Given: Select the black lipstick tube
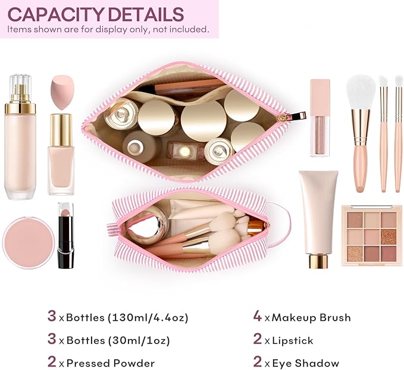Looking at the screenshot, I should pyautogui.click(x=65, y=236).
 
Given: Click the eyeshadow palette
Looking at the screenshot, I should pyautogui.click(x=371, y=235).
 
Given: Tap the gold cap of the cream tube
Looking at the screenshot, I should pyautogui.click(x=318, y=260).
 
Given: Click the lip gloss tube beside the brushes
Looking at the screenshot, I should pyautogui.click(x=320, y=117).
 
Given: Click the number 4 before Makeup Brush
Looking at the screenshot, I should pyautogui.click(x=257, y=316).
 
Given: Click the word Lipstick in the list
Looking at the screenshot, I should pyautogui.click(x=293, y=340).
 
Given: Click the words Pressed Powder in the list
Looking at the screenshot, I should pyautogui.click(x=111, y=363).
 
